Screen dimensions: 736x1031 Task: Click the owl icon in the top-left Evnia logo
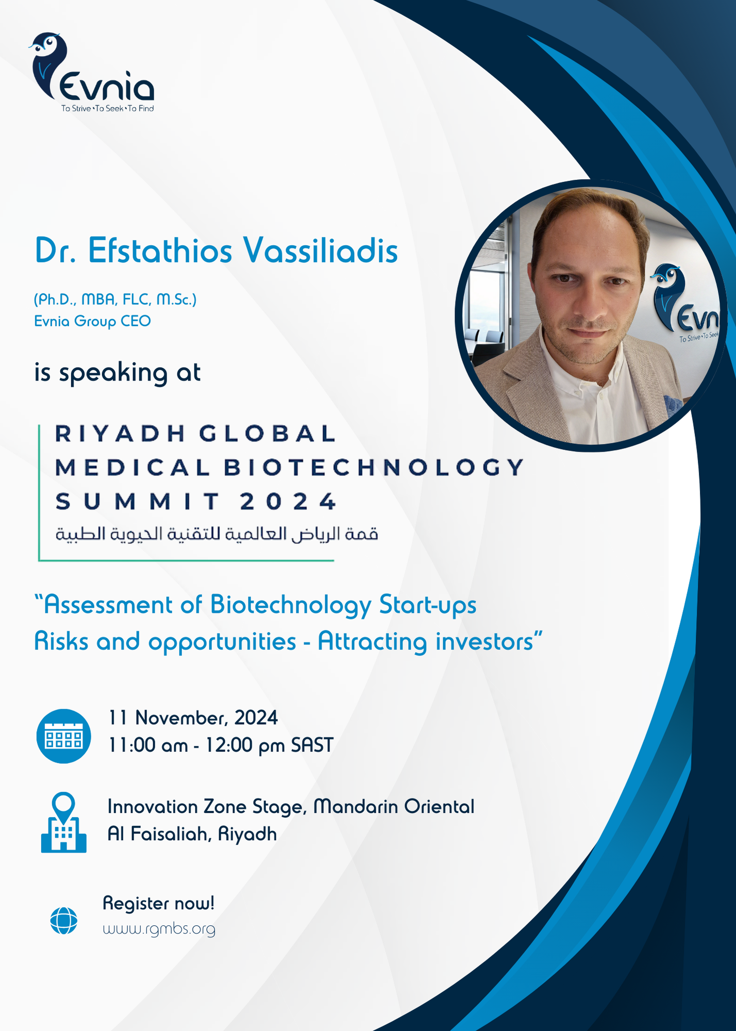click(x=48, y=64)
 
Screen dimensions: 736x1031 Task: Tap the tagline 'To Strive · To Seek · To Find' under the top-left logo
click(x=108, y=108)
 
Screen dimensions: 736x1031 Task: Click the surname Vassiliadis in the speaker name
click(x=320, y=251)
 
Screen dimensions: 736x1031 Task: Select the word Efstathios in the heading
click(x=160, y=251)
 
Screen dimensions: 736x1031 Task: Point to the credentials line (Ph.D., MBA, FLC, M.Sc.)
click(x=115, y=299)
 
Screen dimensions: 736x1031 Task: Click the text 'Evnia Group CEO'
click(x=92, y=321)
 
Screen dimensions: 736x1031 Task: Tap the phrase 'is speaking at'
click(x=118, y=372)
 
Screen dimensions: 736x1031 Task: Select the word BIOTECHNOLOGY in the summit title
click(x=374, y=468)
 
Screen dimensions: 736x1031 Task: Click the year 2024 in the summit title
click(x=289, y=502)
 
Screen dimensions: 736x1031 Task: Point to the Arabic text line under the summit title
click(x=217, y=534)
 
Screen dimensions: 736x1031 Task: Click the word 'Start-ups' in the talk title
click(x=428, y=605)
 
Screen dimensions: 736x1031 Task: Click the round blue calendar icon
click(x=64, y=736)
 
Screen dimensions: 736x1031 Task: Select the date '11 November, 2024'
click(x=193, y=718)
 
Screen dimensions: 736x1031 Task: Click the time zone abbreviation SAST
click(x=312, y=745)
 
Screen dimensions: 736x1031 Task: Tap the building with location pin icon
click(x=64, y=823)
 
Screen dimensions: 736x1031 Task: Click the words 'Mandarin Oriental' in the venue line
click(x=394, y=807)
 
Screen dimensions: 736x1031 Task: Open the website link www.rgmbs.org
click(x=159, y=929)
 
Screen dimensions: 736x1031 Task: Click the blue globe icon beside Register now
click(x=64, y=920)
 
